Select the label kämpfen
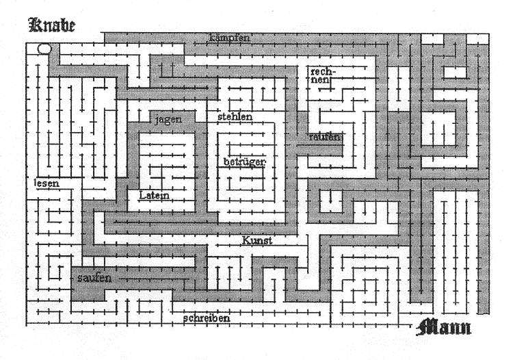pos(230,38)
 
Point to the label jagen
pos(168,119)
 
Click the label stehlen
pos(235,116)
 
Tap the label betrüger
pos(244,162)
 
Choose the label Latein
pos(154,195)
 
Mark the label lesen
pos(47,183)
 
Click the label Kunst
pos(257,240)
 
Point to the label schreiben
pos(207,318)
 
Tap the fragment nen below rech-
pos(321,80)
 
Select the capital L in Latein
pos(142,195)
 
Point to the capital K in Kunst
pos(246,240)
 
